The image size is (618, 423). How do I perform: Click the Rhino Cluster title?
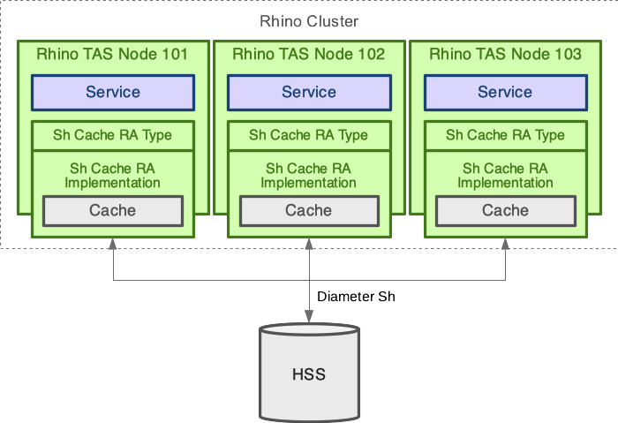[x=309, y=21]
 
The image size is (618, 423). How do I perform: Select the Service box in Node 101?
[x=112, y=92]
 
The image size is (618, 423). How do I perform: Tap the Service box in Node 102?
[x=309, y=92]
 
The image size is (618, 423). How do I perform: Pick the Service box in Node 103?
[x=505, y=92]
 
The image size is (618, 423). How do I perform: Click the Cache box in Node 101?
[x=112, y=210]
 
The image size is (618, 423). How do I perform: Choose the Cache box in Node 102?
[x=309, y=210]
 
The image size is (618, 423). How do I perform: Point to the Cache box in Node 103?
[x=505, y=210]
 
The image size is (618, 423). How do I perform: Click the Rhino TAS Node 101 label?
[x=112, y=54]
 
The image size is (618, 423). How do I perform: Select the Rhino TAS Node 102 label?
[x=309, y=54]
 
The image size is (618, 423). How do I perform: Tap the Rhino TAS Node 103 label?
[x=505, y=54]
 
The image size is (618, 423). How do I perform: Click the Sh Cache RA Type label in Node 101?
[x=112, y=135]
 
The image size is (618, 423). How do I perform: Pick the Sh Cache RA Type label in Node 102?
[x=309, y=135]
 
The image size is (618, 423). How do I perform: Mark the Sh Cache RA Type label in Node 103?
[x=505, y=135]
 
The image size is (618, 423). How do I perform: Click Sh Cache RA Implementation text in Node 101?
[x=112, y=175]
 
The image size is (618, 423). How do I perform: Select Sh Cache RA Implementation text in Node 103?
[x=505, y=175]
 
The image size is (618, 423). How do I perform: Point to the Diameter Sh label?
[x=356, y=297]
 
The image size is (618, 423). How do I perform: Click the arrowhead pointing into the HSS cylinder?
[x=309, y=317]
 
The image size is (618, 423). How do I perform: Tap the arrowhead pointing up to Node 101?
[x=113, y=244]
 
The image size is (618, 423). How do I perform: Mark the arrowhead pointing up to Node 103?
[x=506, y=244]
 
